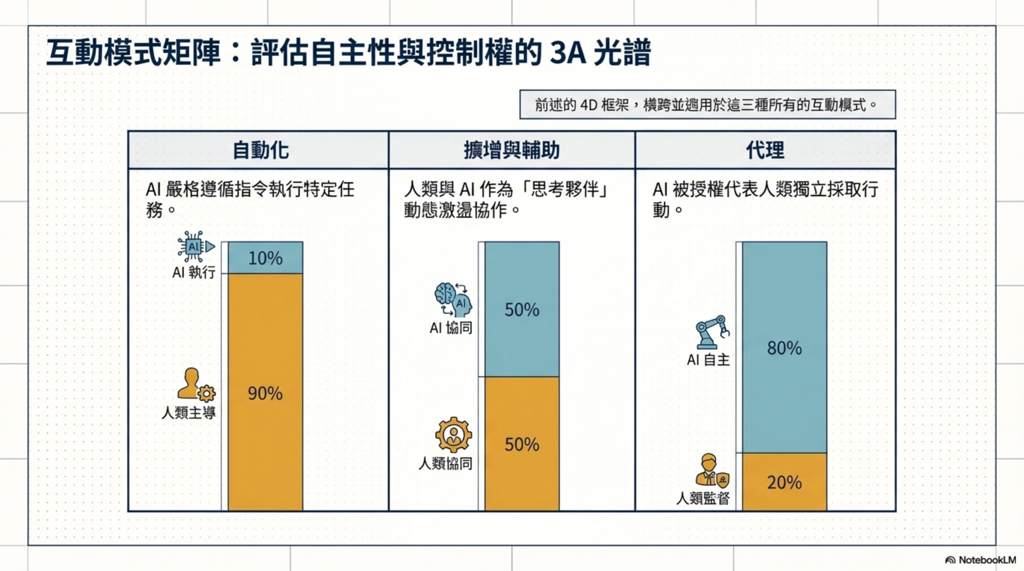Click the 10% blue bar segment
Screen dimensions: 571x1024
click(265, 258)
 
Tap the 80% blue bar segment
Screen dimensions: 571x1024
click(784, 348)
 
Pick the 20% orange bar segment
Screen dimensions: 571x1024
click(784, 482)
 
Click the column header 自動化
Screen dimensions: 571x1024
click(260, 150)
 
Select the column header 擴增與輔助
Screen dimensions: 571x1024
click(512, 150)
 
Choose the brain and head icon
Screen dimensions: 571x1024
click(453, 300)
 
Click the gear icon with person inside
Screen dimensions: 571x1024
click(454, 435)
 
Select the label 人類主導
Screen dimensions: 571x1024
click(189, 413)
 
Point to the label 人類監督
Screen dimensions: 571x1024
click(703, 497)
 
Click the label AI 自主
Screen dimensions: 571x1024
click(708, 360)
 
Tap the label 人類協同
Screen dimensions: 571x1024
click(446, 463)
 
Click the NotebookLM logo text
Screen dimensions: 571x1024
click(987, 560)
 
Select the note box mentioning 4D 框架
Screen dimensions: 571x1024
click(707, 105)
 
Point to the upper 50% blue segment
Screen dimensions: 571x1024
click(522, 309)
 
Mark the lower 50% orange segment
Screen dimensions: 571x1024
click(522, 444)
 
